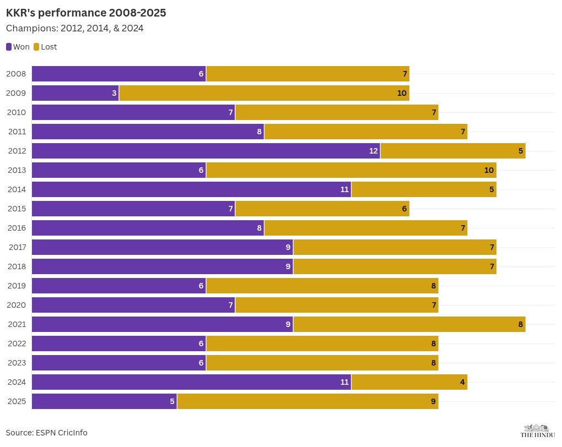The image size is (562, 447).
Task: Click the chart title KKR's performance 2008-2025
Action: tap(86, 13)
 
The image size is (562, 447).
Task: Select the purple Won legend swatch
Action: tap(9, 47)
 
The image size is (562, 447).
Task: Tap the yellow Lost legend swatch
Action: tap(36, 47)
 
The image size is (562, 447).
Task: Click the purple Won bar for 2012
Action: tap(206, 151)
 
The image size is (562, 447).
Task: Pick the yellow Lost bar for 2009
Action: tap(264, 93)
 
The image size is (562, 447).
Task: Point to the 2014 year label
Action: tap(17, 189)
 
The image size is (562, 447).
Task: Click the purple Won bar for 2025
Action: tap(104, 401)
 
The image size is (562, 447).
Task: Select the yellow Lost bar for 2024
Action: tap(409, 382)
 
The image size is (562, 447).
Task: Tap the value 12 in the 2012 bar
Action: tap(374, 151)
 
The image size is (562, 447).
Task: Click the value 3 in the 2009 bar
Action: tap(114, 93)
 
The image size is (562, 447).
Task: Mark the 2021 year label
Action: tap(17, 324)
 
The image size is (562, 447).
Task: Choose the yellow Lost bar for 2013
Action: tap(351, 170)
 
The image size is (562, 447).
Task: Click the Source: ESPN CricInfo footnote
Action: tap(47, 433)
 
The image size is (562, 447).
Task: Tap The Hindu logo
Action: tap(537, 431)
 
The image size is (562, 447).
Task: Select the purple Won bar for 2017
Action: tap(162, 247)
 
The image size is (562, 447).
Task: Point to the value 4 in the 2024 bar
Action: tap(462, 382)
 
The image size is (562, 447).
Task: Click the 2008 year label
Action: tap(17, 74)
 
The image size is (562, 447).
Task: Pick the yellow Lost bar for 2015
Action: tap(322, 209)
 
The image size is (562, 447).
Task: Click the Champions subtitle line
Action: tap(74, 28)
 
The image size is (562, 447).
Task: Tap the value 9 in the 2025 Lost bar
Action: tap(433, 401)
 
